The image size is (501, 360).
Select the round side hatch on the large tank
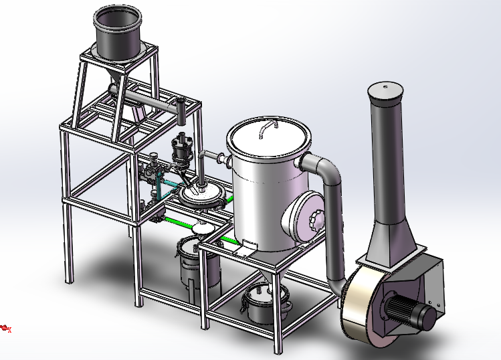point(307,216)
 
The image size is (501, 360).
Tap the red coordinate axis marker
point(6,328)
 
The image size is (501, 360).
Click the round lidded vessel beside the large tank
point(201,196)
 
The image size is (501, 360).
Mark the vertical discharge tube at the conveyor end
point(181,112)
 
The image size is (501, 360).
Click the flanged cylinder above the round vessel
point(182,149)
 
